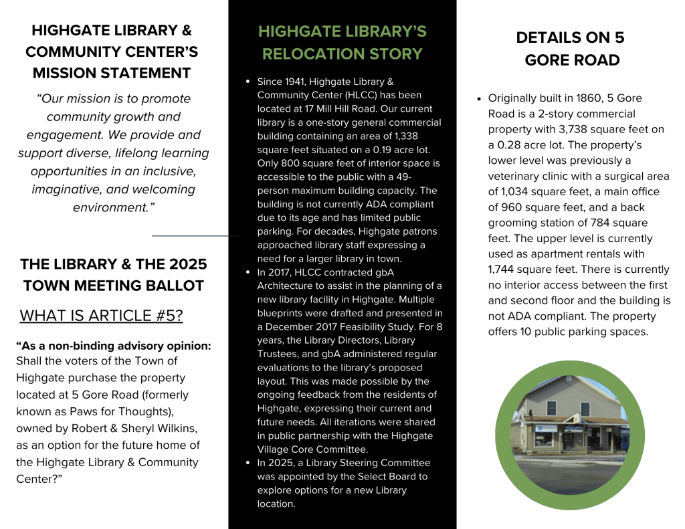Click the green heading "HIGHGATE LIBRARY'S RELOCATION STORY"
(x=342, y=43)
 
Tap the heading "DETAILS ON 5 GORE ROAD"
(x=571, y=49)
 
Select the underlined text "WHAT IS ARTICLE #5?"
(x=101, y=316)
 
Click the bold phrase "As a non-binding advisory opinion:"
(x=113, y=346)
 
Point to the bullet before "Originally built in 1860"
(x=479, y=98)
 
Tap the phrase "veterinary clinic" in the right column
(x=530, y=176)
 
